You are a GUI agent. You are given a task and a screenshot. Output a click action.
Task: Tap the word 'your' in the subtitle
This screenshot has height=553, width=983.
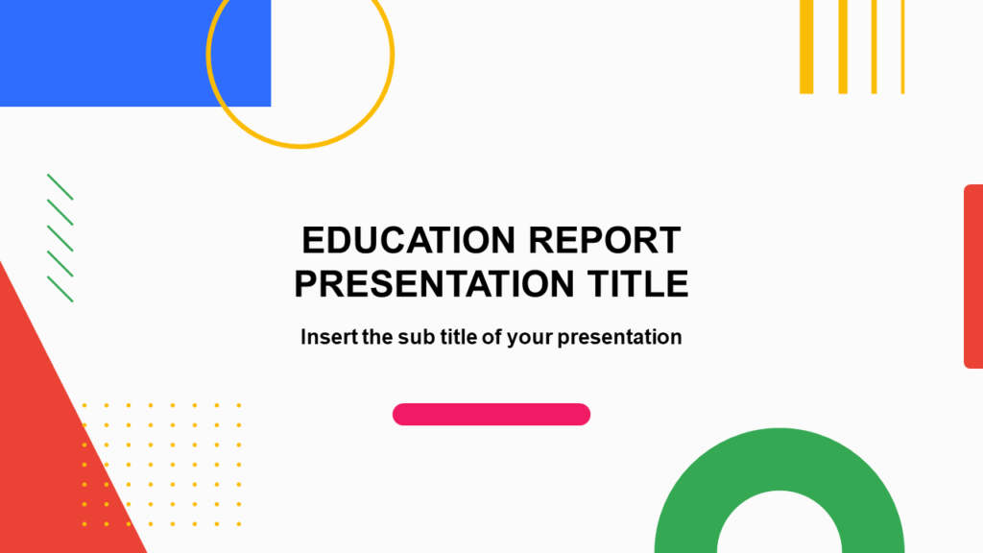click(531, 338)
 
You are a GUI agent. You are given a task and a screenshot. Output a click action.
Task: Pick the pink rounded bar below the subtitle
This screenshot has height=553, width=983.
click(491, 414)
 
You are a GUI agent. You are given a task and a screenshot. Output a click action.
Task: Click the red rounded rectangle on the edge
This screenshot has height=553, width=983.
click(973, 276)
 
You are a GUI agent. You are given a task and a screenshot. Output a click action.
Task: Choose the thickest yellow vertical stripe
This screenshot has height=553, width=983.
click(806, 46)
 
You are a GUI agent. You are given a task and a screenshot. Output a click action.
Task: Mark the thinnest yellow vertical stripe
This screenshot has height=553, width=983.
click(902, 46)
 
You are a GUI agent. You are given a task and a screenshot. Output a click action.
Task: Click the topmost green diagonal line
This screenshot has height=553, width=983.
click(60, 186)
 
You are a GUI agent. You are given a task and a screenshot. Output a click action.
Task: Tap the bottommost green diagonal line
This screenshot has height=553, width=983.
click(60, 289)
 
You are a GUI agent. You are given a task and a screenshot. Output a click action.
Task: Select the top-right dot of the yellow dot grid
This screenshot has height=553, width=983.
click(239, 405)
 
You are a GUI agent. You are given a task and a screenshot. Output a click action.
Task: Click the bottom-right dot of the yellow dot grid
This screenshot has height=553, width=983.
click(239, 524)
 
